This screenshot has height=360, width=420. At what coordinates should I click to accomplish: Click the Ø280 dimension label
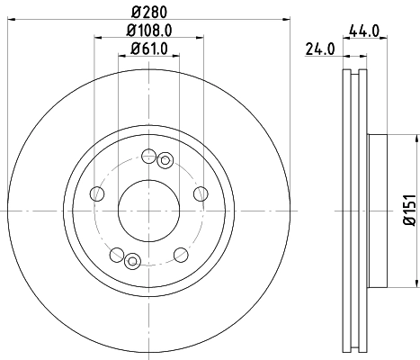147,13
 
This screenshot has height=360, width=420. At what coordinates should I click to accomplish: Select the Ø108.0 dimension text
147,31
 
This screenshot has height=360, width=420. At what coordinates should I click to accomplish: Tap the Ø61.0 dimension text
147,48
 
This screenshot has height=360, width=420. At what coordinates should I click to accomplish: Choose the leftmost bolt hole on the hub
96,192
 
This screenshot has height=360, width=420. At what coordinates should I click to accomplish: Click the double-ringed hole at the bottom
131,261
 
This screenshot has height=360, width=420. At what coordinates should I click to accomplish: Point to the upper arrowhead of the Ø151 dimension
416,139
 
